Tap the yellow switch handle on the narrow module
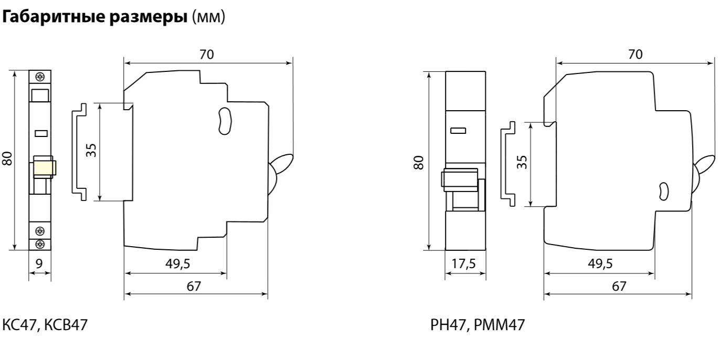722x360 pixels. [x=44, y=168]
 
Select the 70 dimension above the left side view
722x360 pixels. [x=207, y=55]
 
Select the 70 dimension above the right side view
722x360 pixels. [x=635, y=55]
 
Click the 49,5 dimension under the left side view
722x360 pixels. [x=178, y=264]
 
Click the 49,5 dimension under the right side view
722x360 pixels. [x=599, y=264]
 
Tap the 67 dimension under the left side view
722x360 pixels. [x=195, y=287]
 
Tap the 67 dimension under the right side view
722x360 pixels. [x=620, y=287]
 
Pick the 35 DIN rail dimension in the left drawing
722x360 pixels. [x=91, y=151]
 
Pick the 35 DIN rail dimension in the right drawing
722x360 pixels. [x=521, y=163]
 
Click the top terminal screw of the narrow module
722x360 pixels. [x=39, y=77]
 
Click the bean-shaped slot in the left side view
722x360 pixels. [x=225, y=121]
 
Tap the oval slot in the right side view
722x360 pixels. [x=664, y=191]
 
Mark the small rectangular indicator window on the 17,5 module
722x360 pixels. [x=458, y=130]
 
